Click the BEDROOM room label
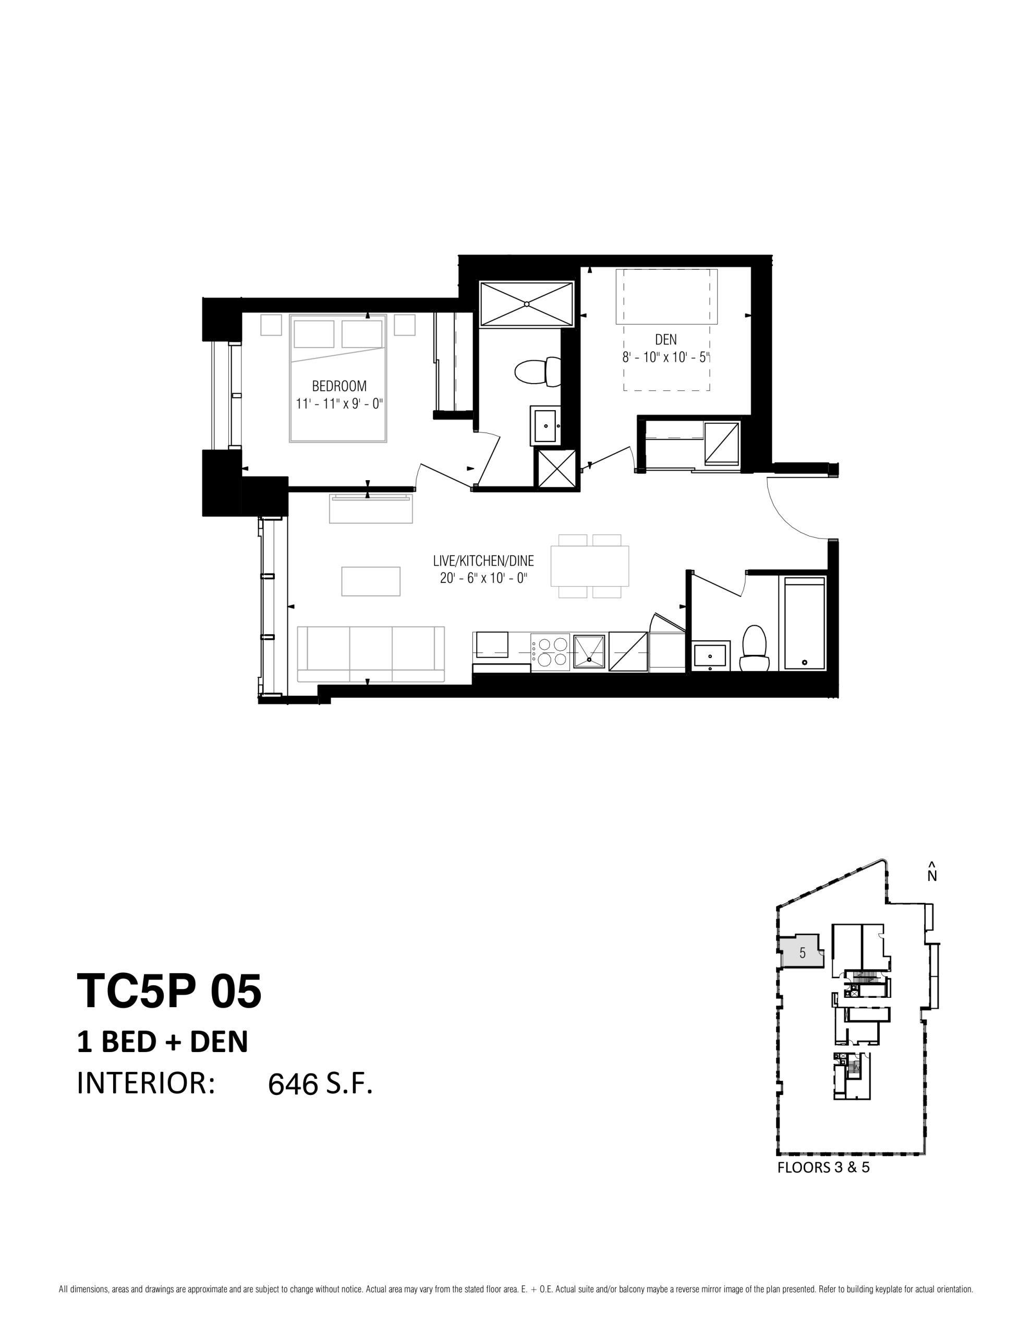pos(339,386)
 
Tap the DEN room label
pos(666,340)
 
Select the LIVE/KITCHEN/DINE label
pos(483,560)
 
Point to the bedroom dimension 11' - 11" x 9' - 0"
pos(339,404)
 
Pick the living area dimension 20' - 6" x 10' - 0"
pos(483,578)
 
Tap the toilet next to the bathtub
pos(753,647)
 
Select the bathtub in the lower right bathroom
pos(802,623)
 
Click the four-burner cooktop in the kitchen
pos(550,653)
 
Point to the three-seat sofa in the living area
pos(370,654)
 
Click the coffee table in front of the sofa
pos(370,581)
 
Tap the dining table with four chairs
pos(590,566)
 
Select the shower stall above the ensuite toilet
pos(526,304)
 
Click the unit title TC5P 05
pos(169,991)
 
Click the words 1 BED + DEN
pos(163,1042)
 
